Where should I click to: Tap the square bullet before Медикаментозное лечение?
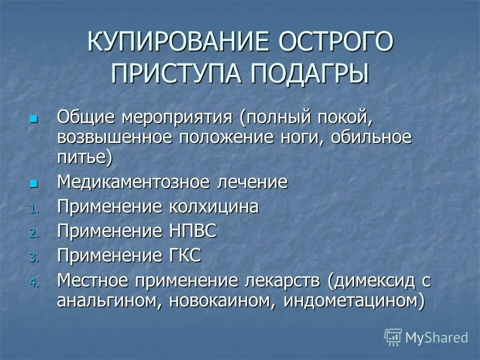[x=33, y=183]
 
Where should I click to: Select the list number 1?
[x=32, y=208]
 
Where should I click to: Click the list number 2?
[x=32, y=233]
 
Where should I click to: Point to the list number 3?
[x=32, y=258]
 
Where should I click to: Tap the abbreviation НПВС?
[x=192, y=231]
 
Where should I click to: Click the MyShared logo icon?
[x=393, y=336]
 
